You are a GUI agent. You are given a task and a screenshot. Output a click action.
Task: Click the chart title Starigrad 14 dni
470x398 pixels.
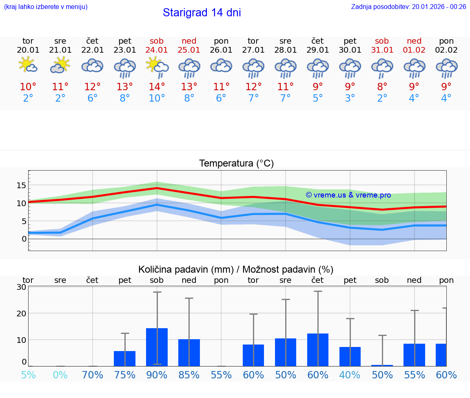tap(202, 13)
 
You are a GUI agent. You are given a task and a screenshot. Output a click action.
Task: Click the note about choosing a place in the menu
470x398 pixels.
tap(46, 7)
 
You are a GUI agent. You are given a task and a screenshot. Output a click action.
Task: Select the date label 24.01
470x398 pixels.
tap(157, 50)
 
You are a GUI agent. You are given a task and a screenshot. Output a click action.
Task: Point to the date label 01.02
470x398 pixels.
tap(414, 50)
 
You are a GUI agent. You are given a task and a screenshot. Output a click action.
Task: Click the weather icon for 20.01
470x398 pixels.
tap(28, 65)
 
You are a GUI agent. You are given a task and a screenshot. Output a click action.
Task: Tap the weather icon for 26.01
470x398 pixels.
tap(221, 66)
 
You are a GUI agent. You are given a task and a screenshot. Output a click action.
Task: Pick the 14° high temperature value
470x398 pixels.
tap(157, 87)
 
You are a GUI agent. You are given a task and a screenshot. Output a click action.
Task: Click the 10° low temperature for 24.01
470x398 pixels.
tap(157, 98)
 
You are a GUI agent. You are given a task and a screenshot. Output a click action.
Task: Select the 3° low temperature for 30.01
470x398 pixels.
tap(350, 98)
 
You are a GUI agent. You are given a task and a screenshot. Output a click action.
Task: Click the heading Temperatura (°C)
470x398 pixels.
tap(236, 164)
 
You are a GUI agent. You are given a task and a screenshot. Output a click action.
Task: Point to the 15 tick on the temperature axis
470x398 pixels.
tap(21, 185)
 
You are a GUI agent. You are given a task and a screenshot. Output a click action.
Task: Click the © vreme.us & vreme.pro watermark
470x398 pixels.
tap(348, 195)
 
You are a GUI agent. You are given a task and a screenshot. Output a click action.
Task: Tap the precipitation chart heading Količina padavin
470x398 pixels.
tap(236, 269)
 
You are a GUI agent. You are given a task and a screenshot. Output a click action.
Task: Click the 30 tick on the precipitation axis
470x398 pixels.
tap(21, 287)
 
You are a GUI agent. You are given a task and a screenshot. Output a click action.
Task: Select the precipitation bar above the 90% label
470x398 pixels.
tap(157, 347)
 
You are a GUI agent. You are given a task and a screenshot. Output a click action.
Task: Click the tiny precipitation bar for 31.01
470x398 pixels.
tap(382, 365)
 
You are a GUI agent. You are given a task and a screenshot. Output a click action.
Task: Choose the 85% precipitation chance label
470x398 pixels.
tap(189, 375)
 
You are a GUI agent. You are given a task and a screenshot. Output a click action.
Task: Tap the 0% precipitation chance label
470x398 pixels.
tap(60, 375)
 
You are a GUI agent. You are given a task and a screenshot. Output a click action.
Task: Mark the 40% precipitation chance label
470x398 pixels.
tap(350, 375)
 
